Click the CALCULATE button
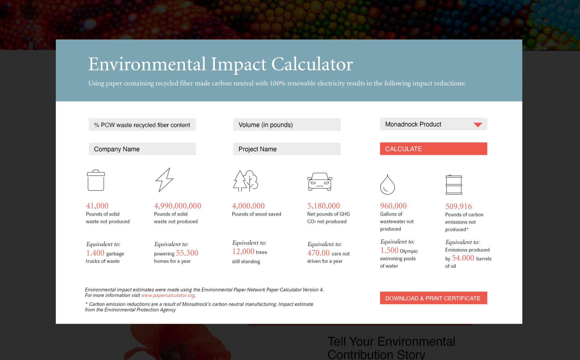433,149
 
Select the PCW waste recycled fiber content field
142,125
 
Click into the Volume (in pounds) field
287,125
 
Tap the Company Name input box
142,149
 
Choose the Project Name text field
287,149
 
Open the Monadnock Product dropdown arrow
478,125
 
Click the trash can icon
96,180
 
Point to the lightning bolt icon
164,180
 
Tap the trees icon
245,181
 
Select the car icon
320,182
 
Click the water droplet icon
387,184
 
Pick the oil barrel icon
454,185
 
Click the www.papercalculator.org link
168,295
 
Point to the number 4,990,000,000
178,206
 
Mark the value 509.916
459,206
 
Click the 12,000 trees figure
243,251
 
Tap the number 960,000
393,206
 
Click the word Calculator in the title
312,64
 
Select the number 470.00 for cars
318,253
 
